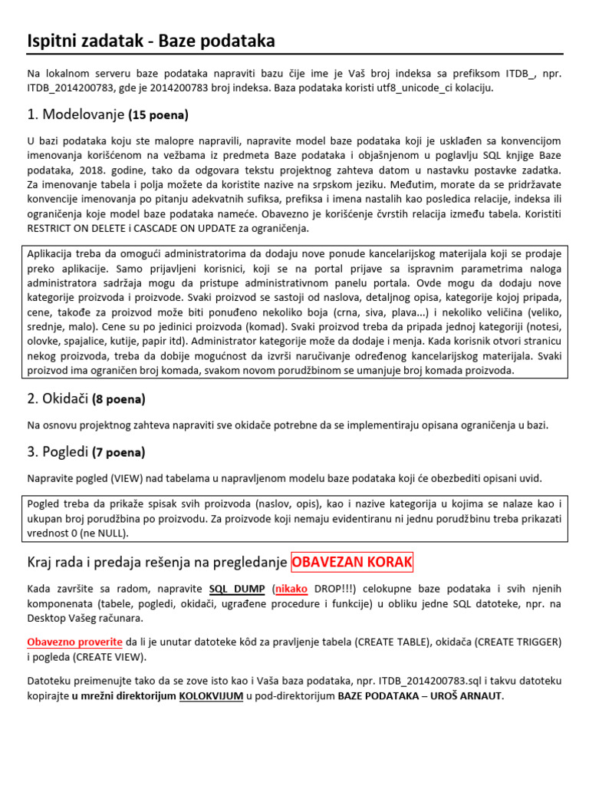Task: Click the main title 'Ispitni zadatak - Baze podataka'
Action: pos(150,41)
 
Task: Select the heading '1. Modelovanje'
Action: pos(75,115)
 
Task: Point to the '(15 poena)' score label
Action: pos(159,116)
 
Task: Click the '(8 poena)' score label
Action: pos(118,399)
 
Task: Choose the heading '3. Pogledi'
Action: pos(58,452)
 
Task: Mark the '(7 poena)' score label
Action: pos(119,453)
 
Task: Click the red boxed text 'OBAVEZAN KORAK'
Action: pos(352,563)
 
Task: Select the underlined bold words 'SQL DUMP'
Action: pos(239,589)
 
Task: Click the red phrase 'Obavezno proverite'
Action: pos(74,642)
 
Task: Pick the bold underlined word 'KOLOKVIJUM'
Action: pos(212,696)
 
